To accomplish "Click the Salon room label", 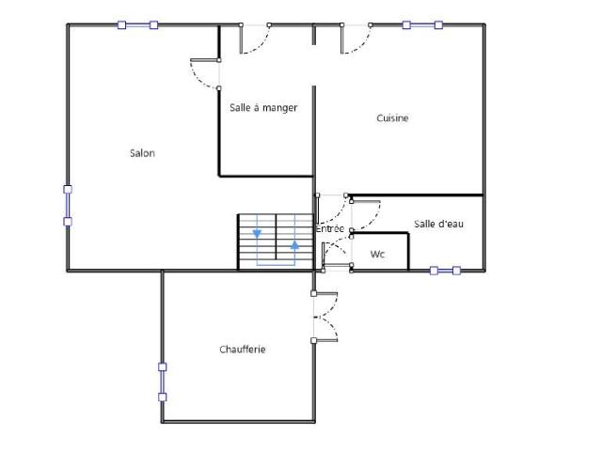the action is (x=142, y=153).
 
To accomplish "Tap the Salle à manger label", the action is (x=263, y=108).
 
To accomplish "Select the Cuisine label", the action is (x=392, y=117).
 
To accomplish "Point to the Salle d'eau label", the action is (x=438, y=224).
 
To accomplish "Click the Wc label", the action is (x=377, y=254).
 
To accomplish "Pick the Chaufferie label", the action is (x=243, y=349).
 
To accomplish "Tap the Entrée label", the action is (x=330, y=228).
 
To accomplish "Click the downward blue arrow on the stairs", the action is (x=257, y=233).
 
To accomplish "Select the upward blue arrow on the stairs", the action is (x=294, y=245).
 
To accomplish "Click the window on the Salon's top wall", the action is (x=137, y=25).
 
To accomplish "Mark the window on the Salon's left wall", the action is (x=68, y=205).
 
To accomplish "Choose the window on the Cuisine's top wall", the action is (x=422, y=25).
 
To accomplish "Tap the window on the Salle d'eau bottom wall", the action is (x=445, y=271).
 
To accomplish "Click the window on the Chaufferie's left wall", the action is (x=163, y=382).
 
